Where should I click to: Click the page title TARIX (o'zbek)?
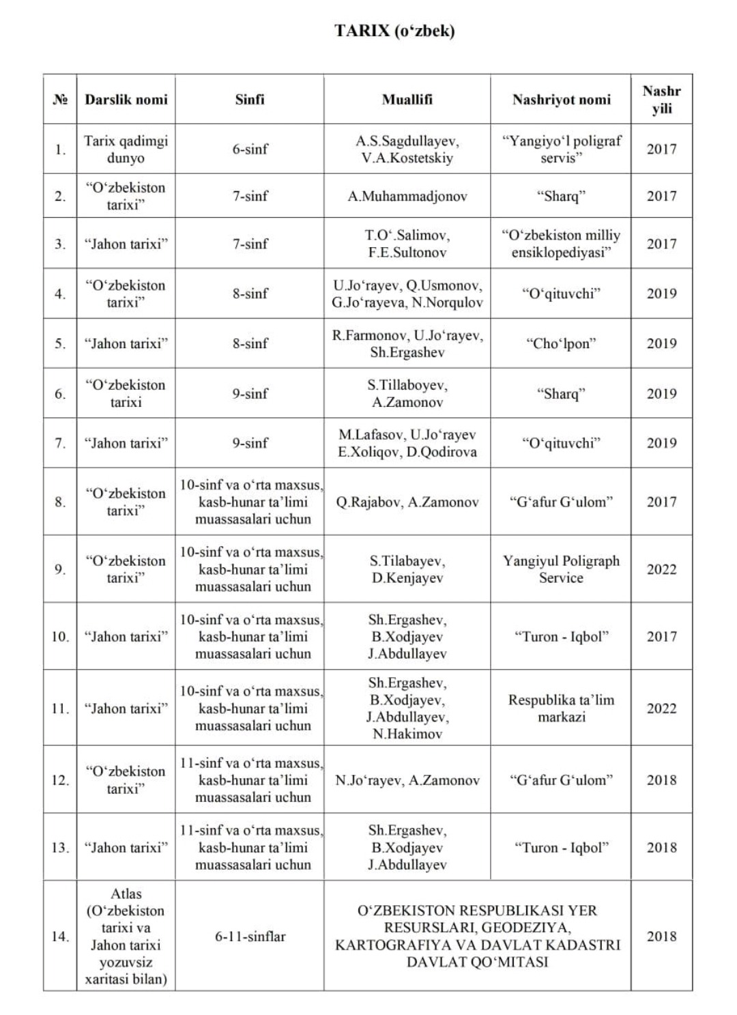tap(394, 30)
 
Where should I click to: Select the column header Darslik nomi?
tap(126, 100)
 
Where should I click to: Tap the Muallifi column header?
tap(407, 100)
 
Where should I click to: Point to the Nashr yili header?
tap(661, 100)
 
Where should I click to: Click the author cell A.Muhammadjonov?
tap(407, 197)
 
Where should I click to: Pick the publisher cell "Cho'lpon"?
tap(561, 344)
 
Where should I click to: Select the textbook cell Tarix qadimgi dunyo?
tap(126, 149)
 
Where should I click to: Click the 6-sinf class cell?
tap(250, 149)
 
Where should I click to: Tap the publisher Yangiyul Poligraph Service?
tap(561, 569)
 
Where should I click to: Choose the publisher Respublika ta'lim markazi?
tap(561, 709)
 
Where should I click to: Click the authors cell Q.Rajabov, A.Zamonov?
tap(407, 502)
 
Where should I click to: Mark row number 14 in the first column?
tap(60, 937)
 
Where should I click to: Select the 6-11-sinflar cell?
tap(250, 937)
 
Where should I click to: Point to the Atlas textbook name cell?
tap(126, 936)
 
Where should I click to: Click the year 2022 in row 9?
tap(661, 569)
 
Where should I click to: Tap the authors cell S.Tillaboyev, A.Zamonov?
tap(407, 394)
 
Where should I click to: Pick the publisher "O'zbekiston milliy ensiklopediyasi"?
tap(561, 244)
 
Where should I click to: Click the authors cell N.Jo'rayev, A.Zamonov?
tap(407, 780)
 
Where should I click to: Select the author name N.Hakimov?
tap(407, 734)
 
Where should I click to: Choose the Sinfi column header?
tap(250, 100)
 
